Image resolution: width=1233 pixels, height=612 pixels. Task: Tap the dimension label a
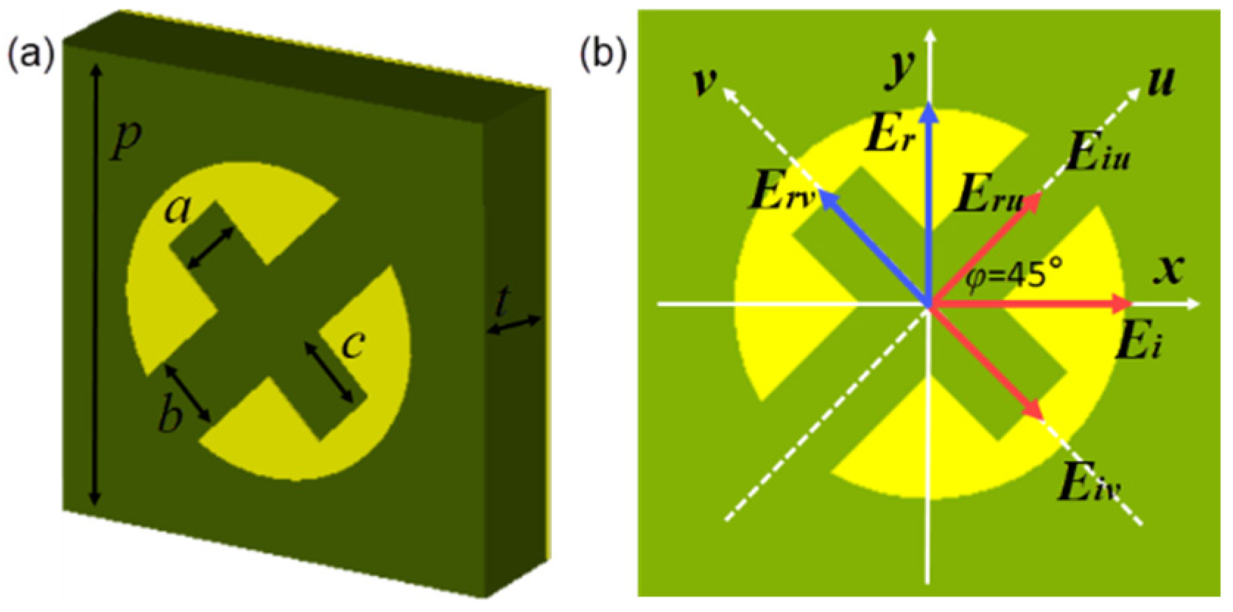point(178,210)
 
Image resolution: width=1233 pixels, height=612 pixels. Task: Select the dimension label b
point(170,417)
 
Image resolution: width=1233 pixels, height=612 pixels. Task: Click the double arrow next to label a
point(211,248)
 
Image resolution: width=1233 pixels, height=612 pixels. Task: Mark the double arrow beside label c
point(336,372)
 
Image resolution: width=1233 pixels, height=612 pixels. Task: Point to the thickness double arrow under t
point(515,325)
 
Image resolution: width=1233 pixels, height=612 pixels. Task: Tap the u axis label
point(1162,80)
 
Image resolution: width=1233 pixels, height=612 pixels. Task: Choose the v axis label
point(706,80)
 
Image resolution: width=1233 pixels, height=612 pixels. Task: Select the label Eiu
point(1097,154)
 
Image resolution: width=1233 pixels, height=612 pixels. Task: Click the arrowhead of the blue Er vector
point(930,112)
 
